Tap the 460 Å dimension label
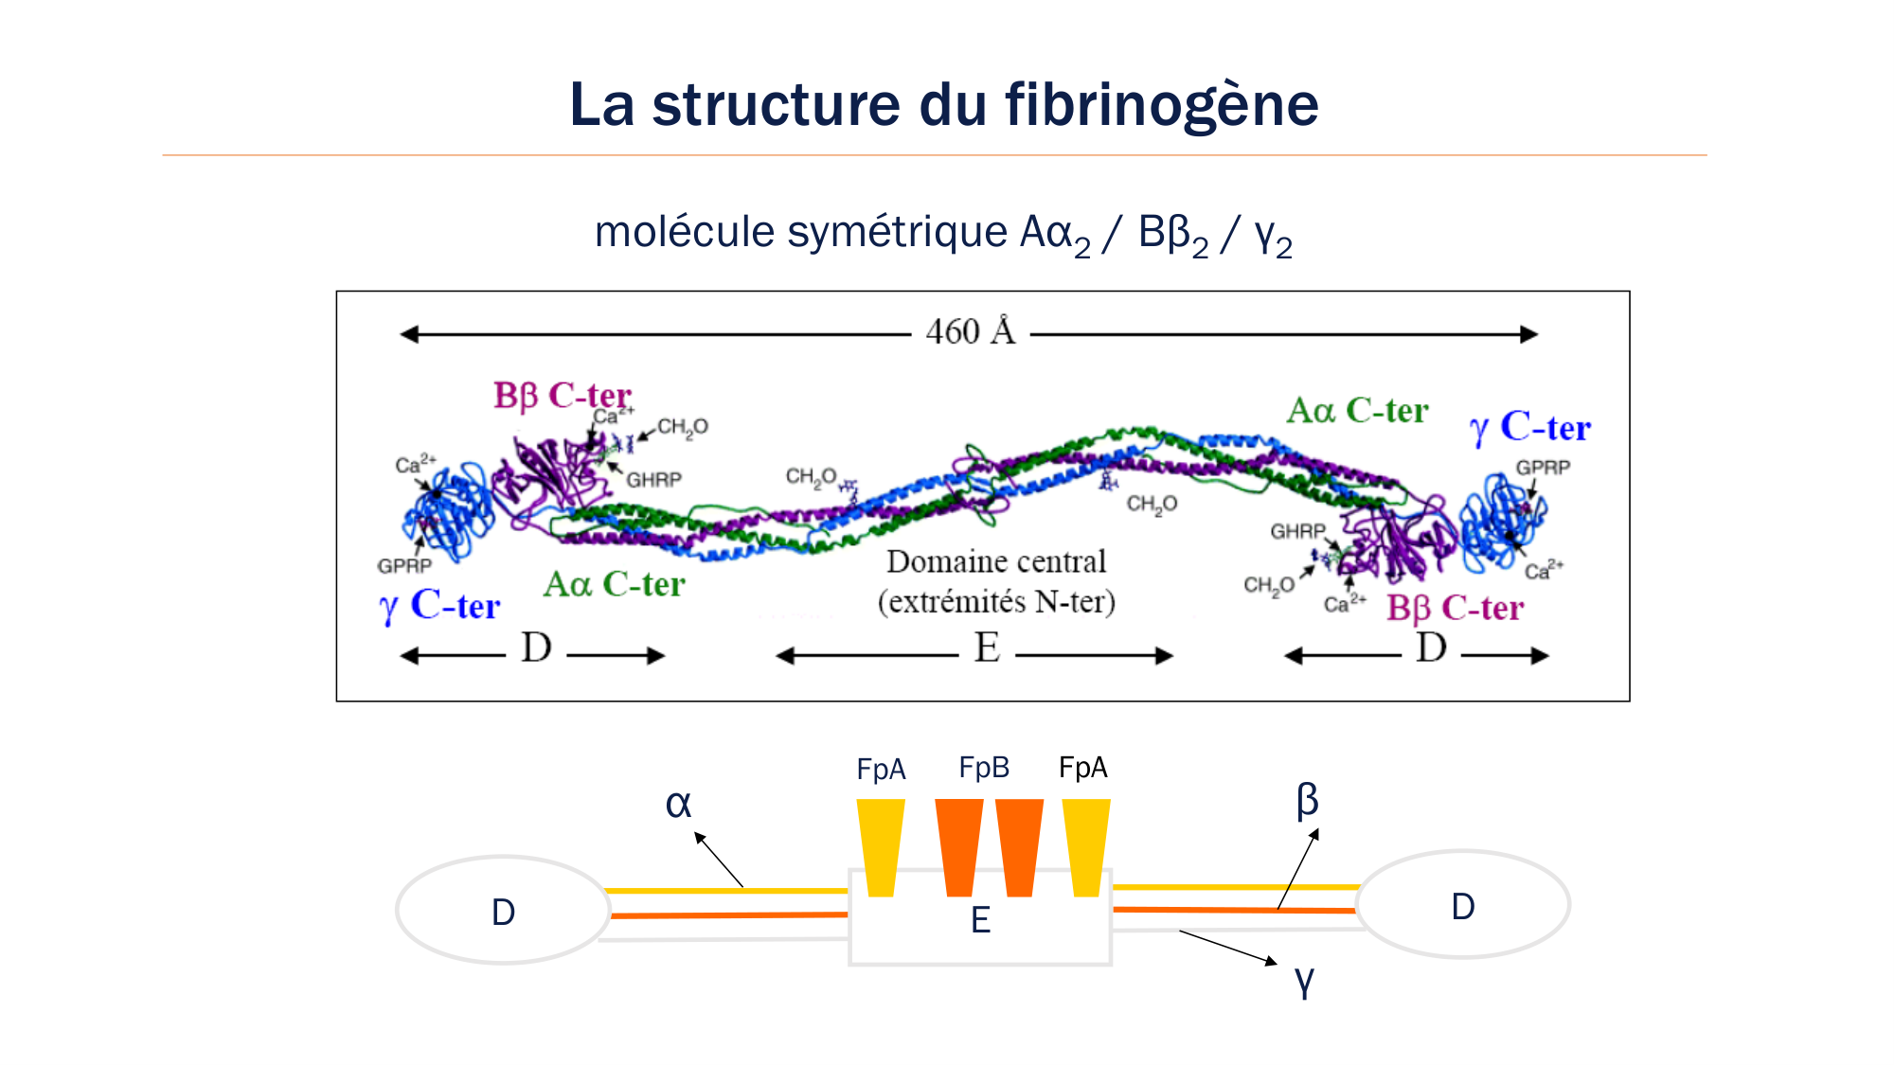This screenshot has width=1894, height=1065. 971,332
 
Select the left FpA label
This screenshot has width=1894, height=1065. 881,770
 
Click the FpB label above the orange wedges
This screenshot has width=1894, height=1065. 984,768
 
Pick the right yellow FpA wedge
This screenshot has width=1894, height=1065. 1086,846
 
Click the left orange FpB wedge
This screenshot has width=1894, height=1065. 958,846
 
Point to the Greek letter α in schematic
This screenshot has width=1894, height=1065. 678,805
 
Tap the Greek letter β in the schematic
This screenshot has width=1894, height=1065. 1307,800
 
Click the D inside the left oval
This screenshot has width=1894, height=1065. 503,913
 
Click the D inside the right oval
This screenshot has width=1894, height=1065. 1463,907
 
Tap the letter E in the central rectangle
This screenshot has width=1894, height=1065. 980,920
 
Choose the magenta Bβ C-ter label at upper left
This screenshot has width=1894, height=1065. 562,396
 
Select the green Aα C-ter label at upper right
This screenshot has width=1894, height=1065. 1357,411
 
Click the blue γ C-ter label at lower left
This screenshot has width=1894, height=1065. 439,606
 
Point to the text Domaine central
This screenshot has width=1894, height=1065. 996,561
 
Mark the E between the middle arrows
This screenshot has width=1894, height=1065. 987,648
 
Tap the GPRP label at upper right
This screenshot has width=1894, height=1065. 1543,468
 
